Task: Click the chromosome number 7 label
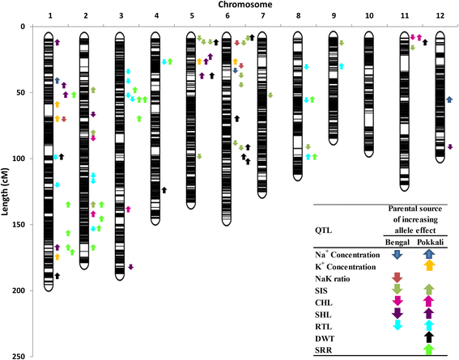pos(262,16)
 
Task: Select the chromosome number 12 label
pos(440,16)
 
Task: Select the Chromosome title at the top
pos(243,5)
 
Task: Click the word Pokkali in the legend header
pos(429,242)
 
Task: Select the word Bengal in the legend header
pos(397,242)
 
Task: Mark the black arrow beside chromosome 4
pos(164,190)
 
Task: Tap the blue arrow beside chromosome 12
pos(450,99)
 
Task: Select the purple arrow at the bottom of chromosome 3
pos(130,266)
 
